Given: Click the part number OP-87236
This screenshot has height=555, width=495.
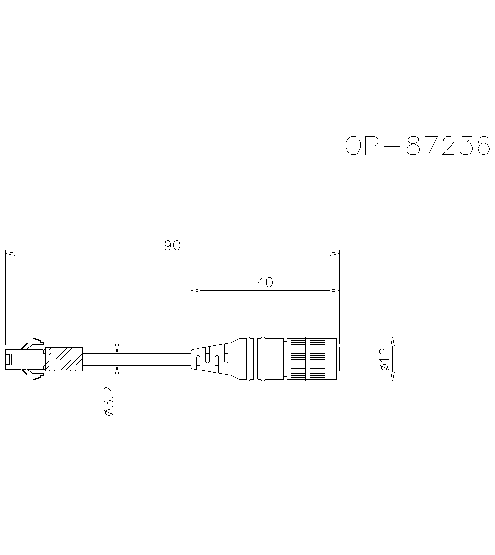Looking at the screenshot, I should tap(417, 146).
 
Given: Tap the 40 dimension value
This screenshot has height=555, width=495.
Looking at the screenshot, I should tap(265, 282).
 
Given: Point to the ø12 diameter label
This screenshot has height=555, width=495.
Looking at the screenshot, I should tap(385, 359).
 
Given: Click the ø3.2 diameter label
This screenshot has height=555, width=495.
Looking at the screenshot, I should tap(110, 402).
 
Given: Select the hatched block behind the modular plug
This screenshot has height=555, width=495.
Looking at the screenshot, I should tap(63, 359).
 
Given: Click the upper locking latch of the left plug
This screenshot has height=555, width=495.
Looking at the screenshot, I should tap(34, 342).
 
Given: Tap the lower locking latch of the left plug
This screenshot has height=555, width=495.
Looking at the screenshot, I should tap(34, 375).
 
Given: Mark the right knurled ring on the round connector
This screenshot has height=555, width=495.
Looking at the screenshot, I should tap(317, 359).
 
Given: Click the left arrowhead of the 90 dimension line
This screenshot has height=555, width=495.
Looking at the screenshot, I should tap(10, 254).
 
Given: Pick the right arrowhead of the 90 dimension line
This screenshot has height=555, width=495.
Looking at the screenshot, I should tap(334, 254).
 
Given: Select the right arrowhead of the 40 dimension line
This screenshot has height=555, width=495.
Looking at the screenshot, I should tap(334, 290).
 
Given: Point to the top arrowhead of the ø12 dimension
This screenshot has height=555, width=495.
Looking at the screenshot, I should tap(393, 342).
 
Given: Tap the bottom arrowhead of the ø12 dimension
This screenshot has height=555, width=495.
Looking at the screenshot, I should tap(393, 376).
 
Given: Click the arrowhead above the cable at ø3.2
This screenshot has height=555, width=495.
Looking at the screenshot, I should tap(117, 348).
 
